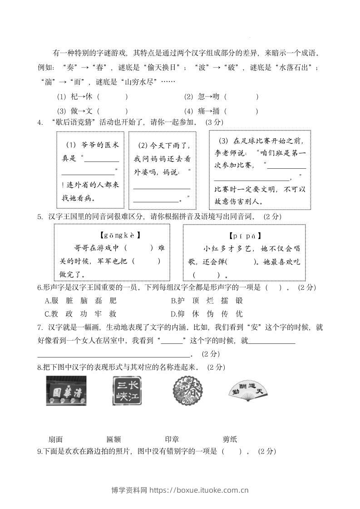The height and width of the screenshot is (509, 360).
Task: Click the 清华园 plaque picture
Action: [66, 391]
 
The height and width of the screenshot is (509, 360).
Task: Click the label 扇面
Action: [55, 439]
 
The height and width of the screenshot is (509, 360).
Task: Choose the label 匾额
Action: [113, 439]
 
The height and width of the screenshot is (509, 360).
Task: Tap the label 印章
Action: [172, 439]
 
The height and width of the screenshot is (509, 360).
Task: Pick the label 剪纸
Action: [230, 439]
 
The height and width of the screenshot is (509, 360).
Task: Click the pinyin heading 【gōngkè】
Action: [119, 235]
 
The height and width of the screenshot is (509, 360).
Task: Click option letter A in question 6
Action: [47, 300]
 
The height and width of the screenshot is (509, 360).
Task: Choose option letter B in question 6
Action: [173, 300]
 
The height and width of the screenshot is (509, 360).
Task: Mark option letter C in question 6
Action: [47, 313]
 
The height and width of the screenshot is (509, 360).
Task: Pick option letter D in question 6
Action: [173, 313]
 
